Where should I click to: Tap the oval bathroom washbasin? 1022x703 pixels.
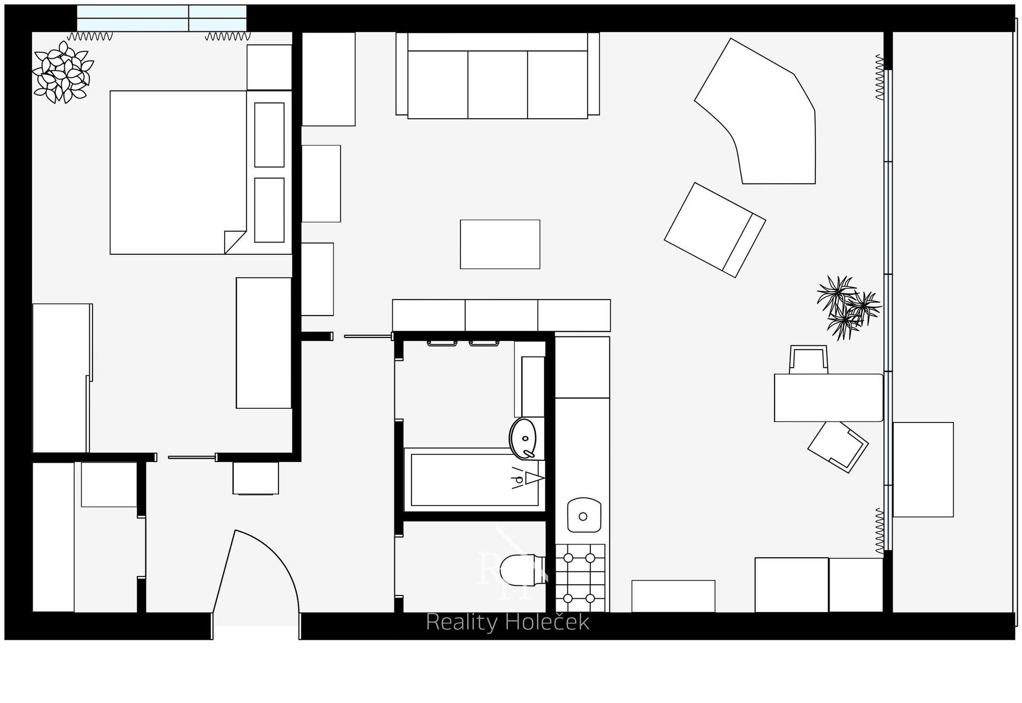(523, 439)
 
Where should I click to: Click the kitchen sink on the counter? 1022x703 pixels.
(584, 515)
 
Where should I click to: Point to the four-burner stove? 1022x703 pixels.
(580, 578)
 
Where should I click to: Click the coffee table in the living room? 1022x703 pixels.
(500, 244)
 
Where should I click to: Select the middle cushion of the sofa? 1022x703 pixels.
(498, 85)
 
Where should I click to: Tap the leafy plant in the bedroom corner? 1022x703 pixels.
(62, 72)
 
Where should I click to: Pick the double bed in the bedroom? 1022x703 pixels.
(201, 172)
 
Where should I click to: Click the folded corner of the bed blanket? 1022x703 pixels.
(235, 242)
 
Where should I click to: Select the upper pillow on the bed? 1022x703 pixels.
(269, 135)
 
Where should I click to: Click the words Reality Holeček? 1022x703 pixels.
(508, 622)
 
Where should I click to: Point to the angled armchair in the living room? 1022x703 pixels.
(715, 230)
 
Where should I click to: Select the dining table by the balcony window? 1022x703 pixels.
(828, 398)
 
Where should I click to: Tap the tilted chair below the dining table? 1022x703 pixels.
(838, 447)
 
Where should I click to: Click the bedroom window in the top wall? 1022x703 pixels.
(162, 18)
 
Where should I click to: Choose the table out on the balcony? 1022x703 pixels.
(923, 469)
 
